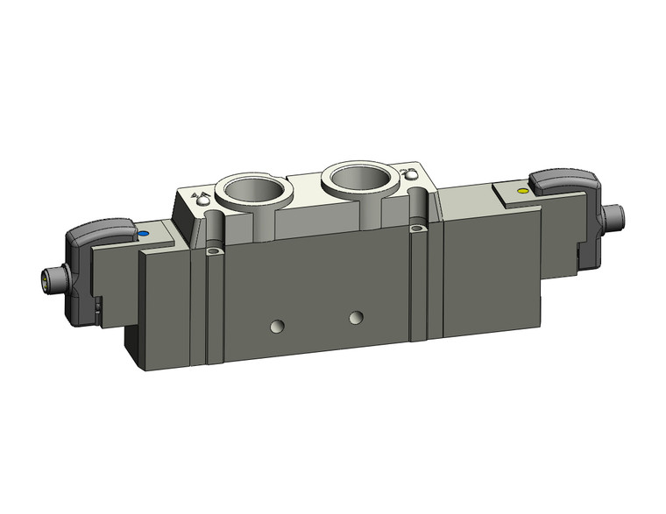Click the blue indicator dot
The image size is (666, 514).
pos(142,235)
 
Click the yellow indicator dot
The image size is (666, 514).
pos(523,190)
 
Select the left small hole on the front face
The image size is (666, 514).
pos(277,327)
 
